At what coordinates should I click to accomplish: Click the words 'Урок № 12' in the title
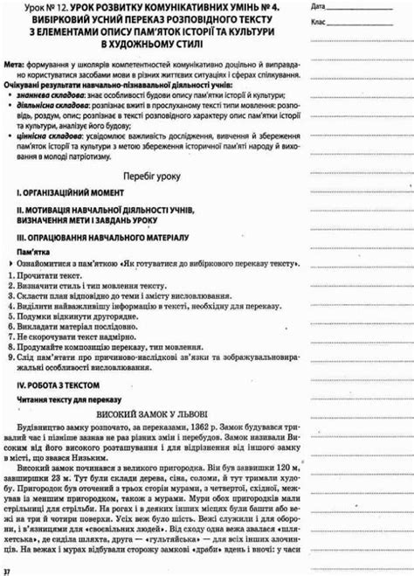coord(29,6)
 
